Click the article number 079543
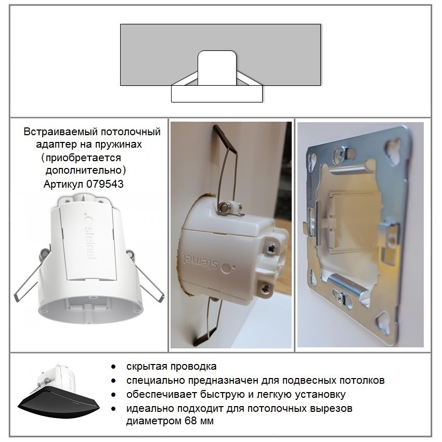click(105, 184)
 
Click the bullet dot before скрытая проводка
click(113, 367)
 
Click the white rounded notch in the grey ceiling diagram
click(217, 68)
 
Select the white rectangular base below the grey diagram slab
click(217, 94)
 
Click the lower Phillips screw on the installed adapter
click(265, 288)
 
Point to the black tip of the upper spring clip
click(225, 138)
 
